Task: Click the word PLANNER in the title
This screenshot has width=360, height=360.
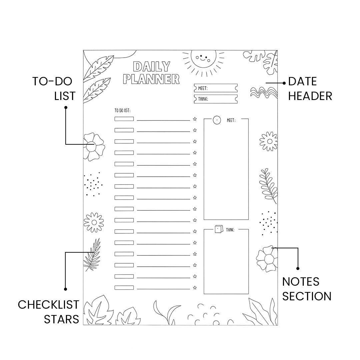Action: point(151,79)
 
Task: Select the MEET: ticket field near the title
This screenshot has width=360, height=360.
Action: point(216,88)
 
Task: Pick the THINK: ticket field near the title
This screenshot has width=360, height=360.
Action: point(216,99)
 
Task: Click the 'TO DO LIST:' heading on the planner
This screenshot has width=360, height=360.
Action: point(122,110)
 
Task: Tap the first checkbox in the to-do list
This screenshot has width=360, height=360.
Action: point(124,119)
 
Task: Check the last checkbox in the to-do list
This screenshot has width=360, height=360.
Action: point(124,287)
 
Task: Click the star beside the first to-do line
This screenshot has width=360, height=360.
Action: point(195,119)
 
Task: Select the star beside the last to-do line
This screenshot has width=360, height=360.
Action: point(195,287)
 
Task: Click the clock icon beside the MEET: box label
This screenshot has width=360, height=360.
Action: point(217,120)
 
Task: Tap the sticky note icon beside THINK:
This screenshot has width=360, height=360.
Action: point(218,229)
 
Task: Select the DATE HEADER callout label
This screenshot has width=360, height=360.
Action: point(310,89)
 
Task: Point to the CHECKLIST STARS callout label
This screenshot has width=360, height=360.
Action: point(49,312)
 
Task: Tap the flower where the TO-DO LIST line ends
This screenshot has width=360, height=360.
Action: point(93,146)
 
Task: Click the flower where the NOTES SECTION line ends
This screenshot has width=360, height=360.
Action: point(267,258)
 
